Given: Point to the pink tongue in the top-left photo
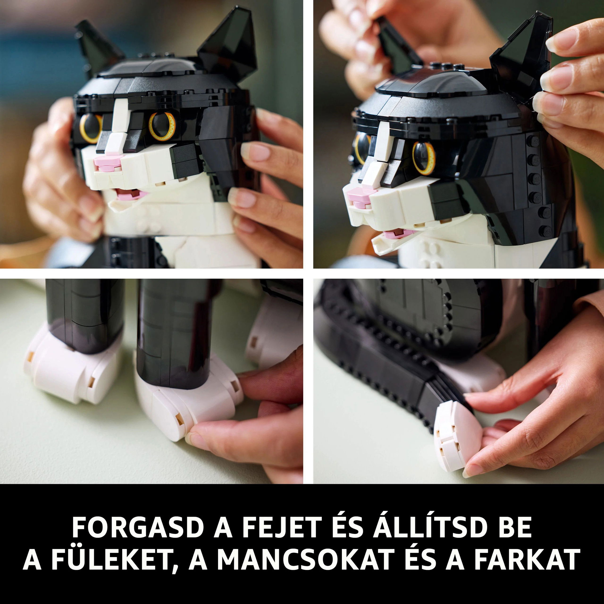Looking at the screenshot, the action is pos(131,195).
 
